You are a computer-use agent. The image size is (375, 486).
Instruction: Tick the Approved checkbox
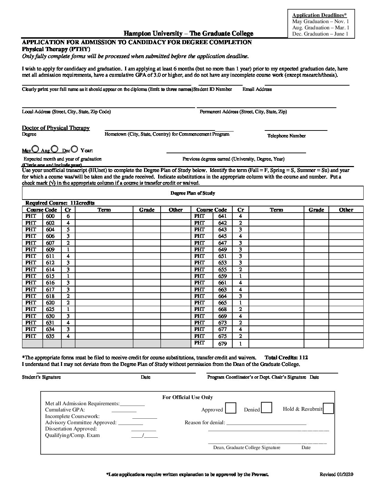click(231, 408)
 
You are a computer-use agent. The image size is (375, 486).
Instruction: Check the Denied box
click(266, 408)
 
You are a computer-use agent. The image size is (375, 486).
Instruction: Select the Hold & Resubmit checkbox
click(328, 408)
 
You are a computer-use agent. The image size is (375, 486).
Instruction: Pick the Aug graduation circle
click(54, 149)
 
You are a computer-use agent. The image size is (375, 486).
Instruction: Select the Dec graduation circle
click(74, 149)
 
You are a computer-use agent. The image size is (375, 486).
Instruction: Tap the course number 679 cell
click(223, 343)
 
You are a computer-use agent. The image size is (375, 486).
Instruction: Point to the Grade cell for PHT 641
click(316, 216)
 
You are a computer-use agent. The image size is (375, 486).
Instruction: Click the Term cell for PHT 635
click(104, 336)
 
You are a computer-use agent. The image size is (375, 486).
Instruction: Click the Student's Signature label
click(41, 377)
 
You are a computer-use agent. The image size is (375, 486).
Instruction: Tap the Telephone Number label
click(286, 136)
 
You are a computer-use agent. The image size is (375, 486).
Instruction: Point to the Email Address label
click(257, 89)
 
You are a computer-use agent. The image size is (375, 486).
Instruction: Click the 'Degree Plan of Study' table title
click(193, 193)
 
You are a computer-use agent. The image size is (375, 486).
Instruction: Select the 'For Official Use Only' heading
click(187, 397)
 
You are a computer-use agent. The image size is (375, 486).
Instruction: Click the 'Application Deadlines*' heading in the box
click(319, 15)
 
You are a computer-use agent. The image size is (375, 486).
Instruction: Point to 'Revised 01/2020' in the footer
click(336, 474)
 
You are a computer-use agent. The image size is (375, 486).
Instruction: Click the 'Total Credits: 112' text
click(286, 358)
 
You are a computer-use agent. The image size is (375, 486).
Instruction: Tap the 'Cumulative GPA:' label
click(65, 410)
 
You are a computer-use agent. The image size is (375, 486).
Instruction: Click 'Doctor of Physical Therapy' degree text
click(56, 128)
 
